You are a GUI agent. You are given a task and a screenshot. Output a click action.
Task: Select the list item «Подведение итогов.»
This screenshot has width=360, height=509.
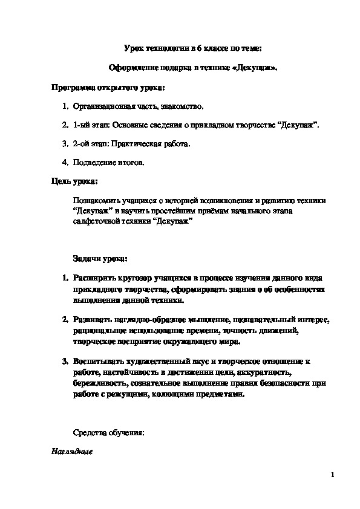click(x=109, y=163)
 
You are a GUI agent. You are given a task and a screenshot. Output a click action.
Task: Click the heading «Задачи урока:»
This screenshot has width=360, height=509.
click(x=100, y=259)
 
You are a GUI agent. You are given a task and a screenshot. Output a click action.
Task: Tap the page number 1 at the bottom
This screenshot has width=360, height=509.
click(x=333, y=475)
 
